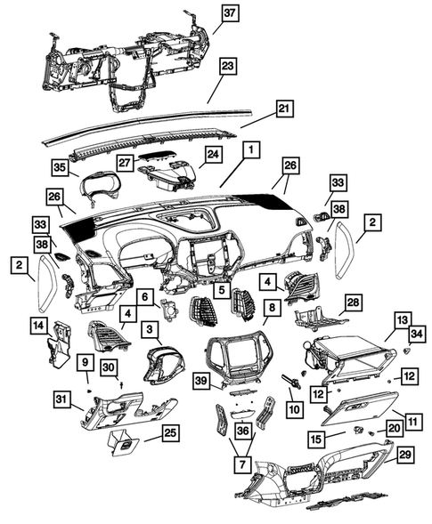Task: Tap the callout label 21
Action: tap(284, 109)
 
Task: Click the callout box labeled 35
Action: tap(60, 165)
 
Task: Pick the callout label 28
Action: tap(353, 302)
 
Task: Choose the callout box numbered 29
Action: tap(404, 455)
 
